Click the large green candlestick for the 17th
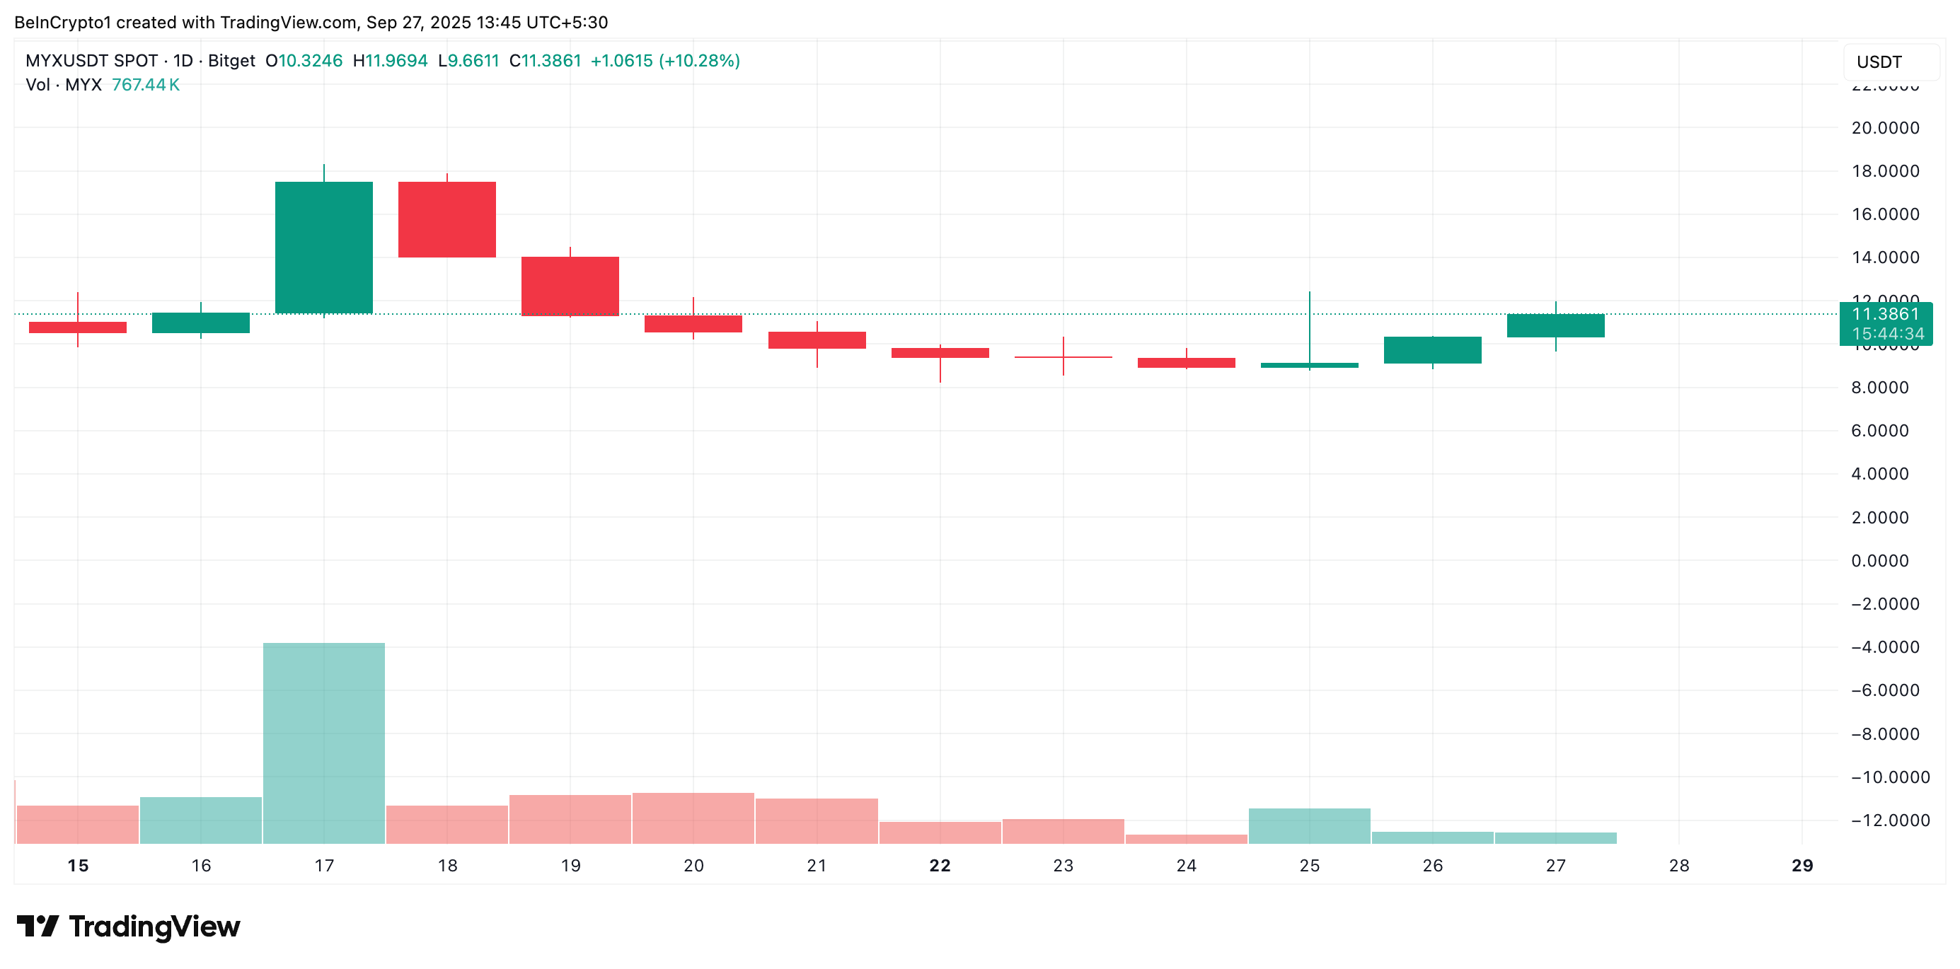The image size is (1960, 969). coord(323,247)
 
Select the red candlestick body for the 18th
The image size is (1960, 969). coord(446,219)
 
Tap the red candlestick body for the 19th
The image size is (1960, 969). coord(570,286)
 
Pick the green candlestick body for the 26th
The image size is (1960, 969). coord(1432,350)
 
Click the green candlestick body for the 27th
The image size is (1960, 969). coord(1555,325)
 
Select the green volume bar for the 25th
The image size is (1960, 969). coord(1309,826)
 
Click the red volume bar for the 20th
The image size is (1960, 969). coord(693,818)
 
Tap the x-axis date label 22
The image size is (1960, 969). coord(940,866)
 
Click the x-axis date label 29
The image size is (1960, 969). coord(1802,866)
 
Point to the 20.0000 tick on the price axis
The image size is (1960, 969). coord(1885,128)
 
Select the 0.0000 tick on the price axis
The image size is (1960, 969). coord(1879,561)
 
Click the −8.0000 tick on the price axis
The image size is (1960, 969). coord(1879,734)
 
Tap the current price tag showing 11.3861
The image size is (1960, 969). coord(1886,314)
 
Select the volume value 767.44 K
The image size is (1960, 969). coord(145,84)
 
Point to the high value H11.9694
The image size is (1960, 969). coord(391,61)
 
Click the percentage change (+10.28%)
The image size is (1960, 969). coord(699,61)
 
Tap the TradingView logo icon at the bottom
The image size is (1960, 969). coord(38,926)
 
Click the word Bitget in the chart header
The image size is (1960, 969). coord(231,61)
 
